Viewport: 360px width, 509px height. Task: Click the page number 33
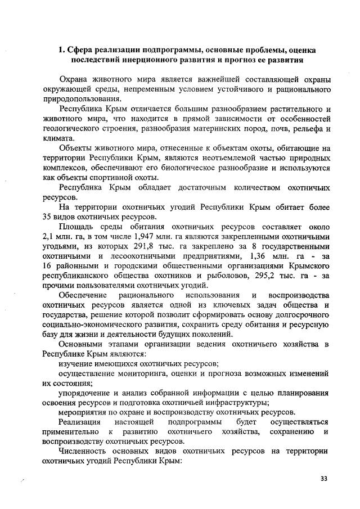point(323,479)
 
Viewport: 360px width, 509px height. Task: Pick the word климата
point(57,138)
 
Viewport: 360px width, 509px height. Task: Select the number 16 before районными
point(47,266)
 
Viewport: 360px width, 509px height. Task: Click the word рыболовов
point(219,276)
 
